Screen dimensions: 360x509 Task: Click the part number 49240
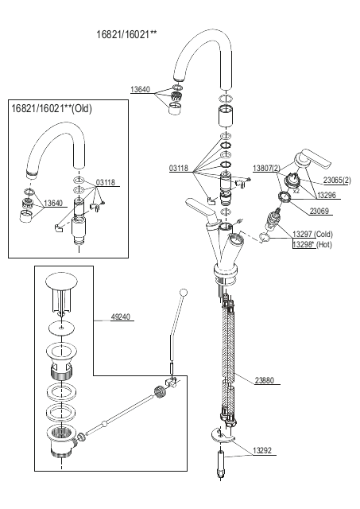click(120, 317)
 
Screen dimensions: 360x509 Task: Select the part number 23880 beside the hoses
click(265, 380)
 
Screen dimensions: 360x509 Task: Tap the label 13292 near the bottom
click(262, 451)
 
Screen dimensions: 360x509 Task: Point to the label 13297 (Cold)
click(312, 234)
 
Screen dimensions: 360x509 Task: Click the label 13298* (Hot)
click(312, 244)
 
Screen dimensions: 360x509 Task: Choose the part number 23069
click(319, 211)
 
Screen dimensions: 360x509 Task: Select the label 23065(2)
click(337, 181)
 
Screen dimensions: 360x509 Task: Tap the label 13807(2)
click(266, 168)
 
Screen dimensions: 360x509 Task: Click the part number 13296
click(327, 195)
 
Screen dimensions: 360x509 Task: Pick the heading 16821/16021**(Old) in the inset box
click(52, 108)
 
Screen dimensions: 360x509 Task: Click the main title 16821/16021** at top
click(126, 34)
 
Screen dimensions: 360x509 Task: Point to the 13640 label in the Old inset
click(53, 204)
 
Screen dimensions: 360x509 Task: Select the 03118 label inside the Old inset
click(106, 182)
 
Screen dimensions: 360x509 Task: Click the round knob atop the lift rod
click(184, 293)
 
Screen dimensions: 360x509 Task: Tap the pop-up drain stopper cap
click(62, 281)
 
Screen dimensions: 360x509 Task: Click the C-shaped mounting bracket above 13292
click(221, 437)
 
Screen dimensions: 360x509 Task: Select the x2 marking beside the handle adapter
click(296, 191)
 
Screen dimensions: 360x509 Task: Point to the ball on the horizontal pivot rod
click(104, 424)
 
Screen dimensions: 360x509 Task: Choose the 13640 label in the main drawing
click(140, 90)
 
